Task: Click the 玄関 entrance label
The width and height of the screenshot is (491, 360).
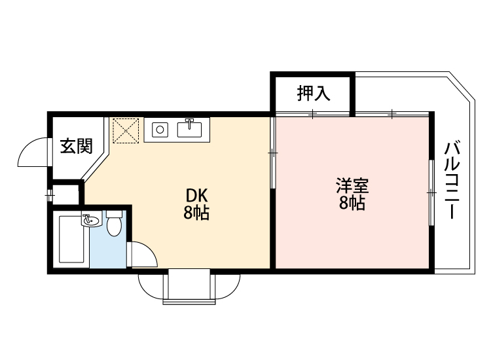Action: point(76,146)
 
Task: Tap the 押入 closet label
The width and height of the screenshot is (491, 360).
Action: point(314,94)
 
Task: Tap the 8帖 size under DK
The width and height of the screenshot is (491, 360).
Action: point(196,213)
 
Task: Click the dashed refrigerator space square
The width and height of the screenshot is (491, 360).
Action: point(125,130)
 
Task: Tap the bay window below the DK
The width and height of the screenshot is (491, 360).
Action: point(189,288)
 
